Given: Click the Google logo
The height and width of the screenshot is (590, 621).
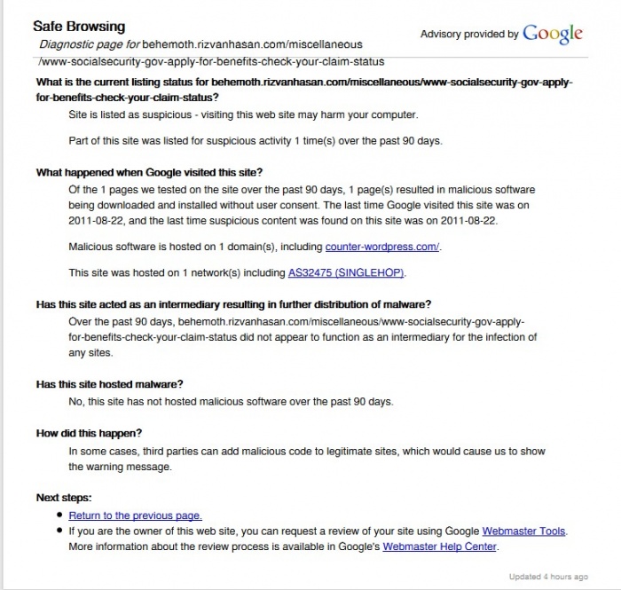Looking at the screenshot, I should pos(553,34).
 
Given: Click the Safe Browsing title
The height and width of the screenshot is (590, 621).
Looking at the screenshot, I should pos(79,27).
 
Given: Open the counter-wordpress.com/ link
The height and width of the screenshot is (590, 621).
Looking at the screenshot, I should pos(383,247).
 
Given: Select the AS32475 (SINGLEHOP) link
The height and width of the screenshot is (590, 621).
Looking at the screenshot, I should pos(352,272).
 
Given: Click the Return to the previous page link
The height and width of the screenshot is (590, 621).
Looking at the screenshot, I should pos(135,515).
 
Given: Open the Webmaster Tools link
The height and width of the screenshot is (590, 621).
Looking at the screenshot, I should pos(523,531).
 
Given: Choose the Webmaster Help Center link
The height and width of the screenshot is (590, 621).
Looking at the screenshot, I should pos(439,547).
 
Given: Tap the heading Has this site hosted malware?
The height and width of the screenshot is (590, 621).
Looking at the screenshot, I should pos(109,384).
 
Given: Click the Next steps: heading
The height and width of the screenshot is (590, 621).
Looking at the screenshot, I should pos(64,498).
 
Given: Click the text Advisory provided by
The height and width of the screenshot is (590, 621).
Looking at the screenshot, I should pos(469,35).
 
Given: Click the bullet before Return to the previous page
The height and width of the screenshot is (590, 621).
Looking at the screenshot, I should pos(59,515).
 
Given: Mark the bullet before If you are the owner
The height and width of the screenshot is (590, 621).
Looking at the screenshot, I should pos(59,531).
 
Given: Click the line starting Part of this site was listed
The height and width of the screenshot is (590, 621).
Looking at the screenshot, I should pos(255,141).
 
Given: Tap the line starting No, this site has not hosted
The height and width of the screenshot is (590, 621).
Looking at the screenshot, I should pos(230,401).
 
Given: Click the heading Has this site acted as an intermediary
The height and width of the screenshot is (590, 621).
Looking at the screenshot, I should pos(233,304).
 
